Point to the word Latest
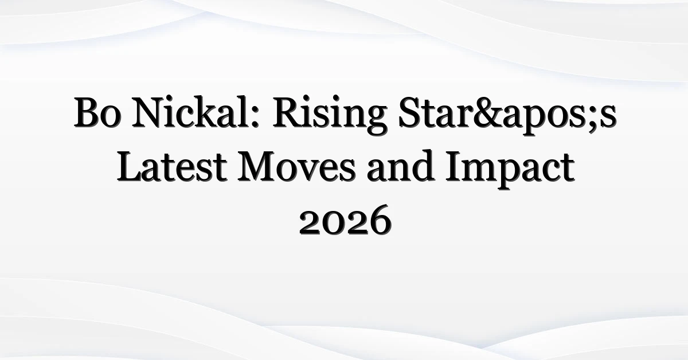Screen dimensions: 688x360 click(172, 166)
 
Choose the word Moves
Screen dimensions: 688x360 click(296, 167)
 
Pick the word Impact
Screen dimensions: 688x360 click(510, 169)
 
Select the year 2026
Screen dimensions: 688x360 click(345, 220)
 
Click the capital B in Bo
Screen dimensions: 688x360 click(87, 112)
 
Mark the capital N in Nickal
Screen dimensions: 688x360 click(150, 112)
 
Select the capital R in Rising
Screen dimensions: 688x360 click(289, 112)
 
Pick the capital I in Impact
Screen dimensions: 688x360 click(455, 167)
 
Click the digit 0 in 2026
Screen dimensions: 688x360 click(334, 224)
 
